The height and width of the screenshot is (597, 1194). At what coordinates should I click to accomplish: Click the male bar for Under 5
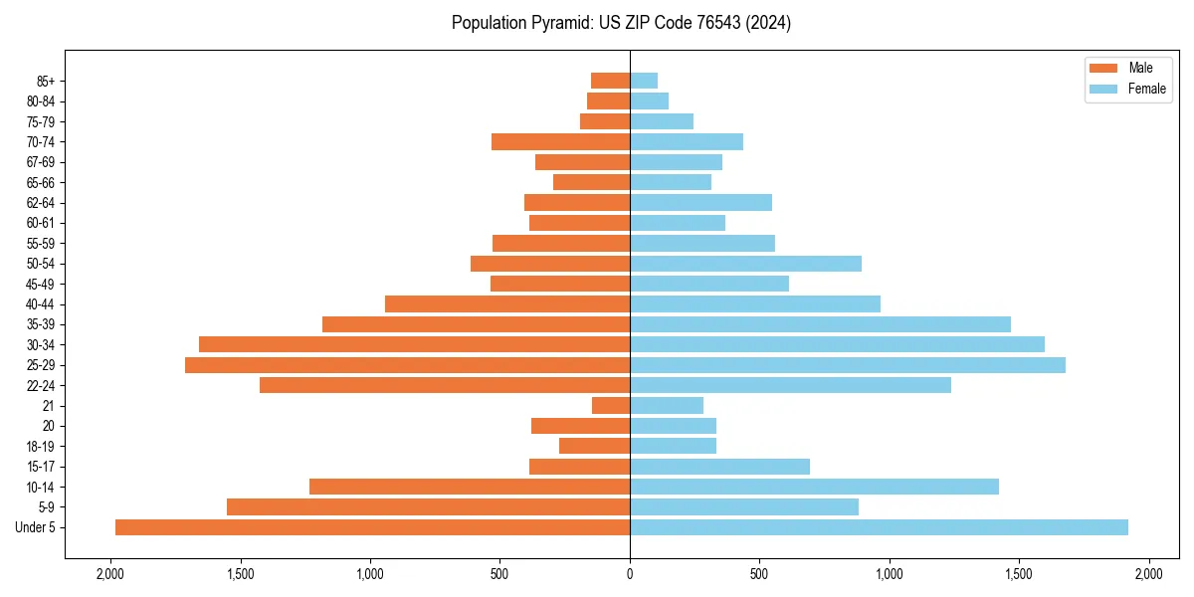tap(372, 527)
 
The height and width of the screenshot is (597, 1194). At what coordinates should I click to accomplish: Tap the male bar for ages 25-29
tap(407, 365)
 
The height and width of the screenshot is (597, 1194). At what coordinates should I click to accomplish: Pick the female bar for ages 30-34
tap(837, 344)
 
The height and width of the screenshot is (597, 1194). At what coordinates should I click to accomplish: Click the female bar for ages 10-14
tap(814, 487)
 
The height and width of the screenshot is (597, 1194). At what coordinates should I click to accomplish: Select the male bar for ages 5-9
tap(428, 506)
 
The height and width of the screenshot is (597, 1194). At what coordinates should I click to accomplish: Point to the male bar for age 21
tap(611, 405)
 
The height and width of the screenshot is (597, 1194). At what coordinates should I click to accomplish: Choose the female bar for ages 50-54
tap(745, 264)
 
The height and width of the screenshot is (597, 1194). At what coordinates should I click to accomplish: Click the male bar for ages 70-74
tap(560, 141)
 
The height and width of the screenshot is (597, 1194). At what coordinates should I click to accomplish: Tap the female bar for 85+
tap(644, 81)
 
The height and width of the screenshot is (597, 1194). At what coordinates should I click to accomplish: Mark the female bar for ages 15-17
tap(719, 467)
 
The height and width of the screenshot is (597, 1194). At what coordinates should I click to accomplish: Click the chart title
tap(621, 23)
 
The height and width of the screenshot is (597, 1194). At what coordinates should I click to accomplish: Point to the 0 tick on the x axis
tap(630, 574)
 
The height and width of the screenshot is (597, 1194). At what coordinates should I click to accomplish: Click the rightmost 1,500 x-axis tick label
tap(1019, 574)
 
